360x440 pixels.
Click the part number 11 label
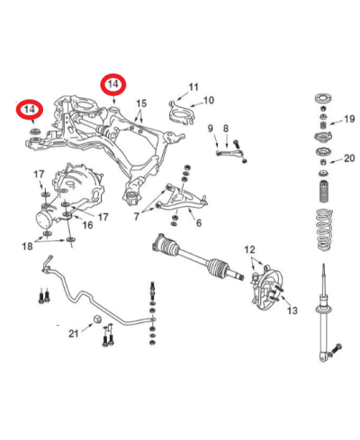(193, 87)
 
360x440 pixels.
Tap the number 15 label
(139, 104)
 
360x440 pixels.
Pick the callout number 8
(226, 129)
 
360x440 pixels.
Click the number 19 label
(350, 119)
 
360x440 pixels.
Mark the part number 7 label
(137, 217)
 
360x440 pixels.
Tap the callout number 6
(198, 222)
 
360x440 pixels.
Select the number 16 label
(86, 225)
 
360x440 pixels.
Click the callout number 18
(27, 245)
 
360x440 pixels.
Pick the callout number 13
(291, 310)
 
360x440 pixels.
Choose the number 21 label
(73, 333)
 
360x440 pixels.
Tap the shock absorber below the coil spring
(322, 315)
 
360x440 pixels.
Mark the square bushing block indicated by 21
(95, 320)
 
